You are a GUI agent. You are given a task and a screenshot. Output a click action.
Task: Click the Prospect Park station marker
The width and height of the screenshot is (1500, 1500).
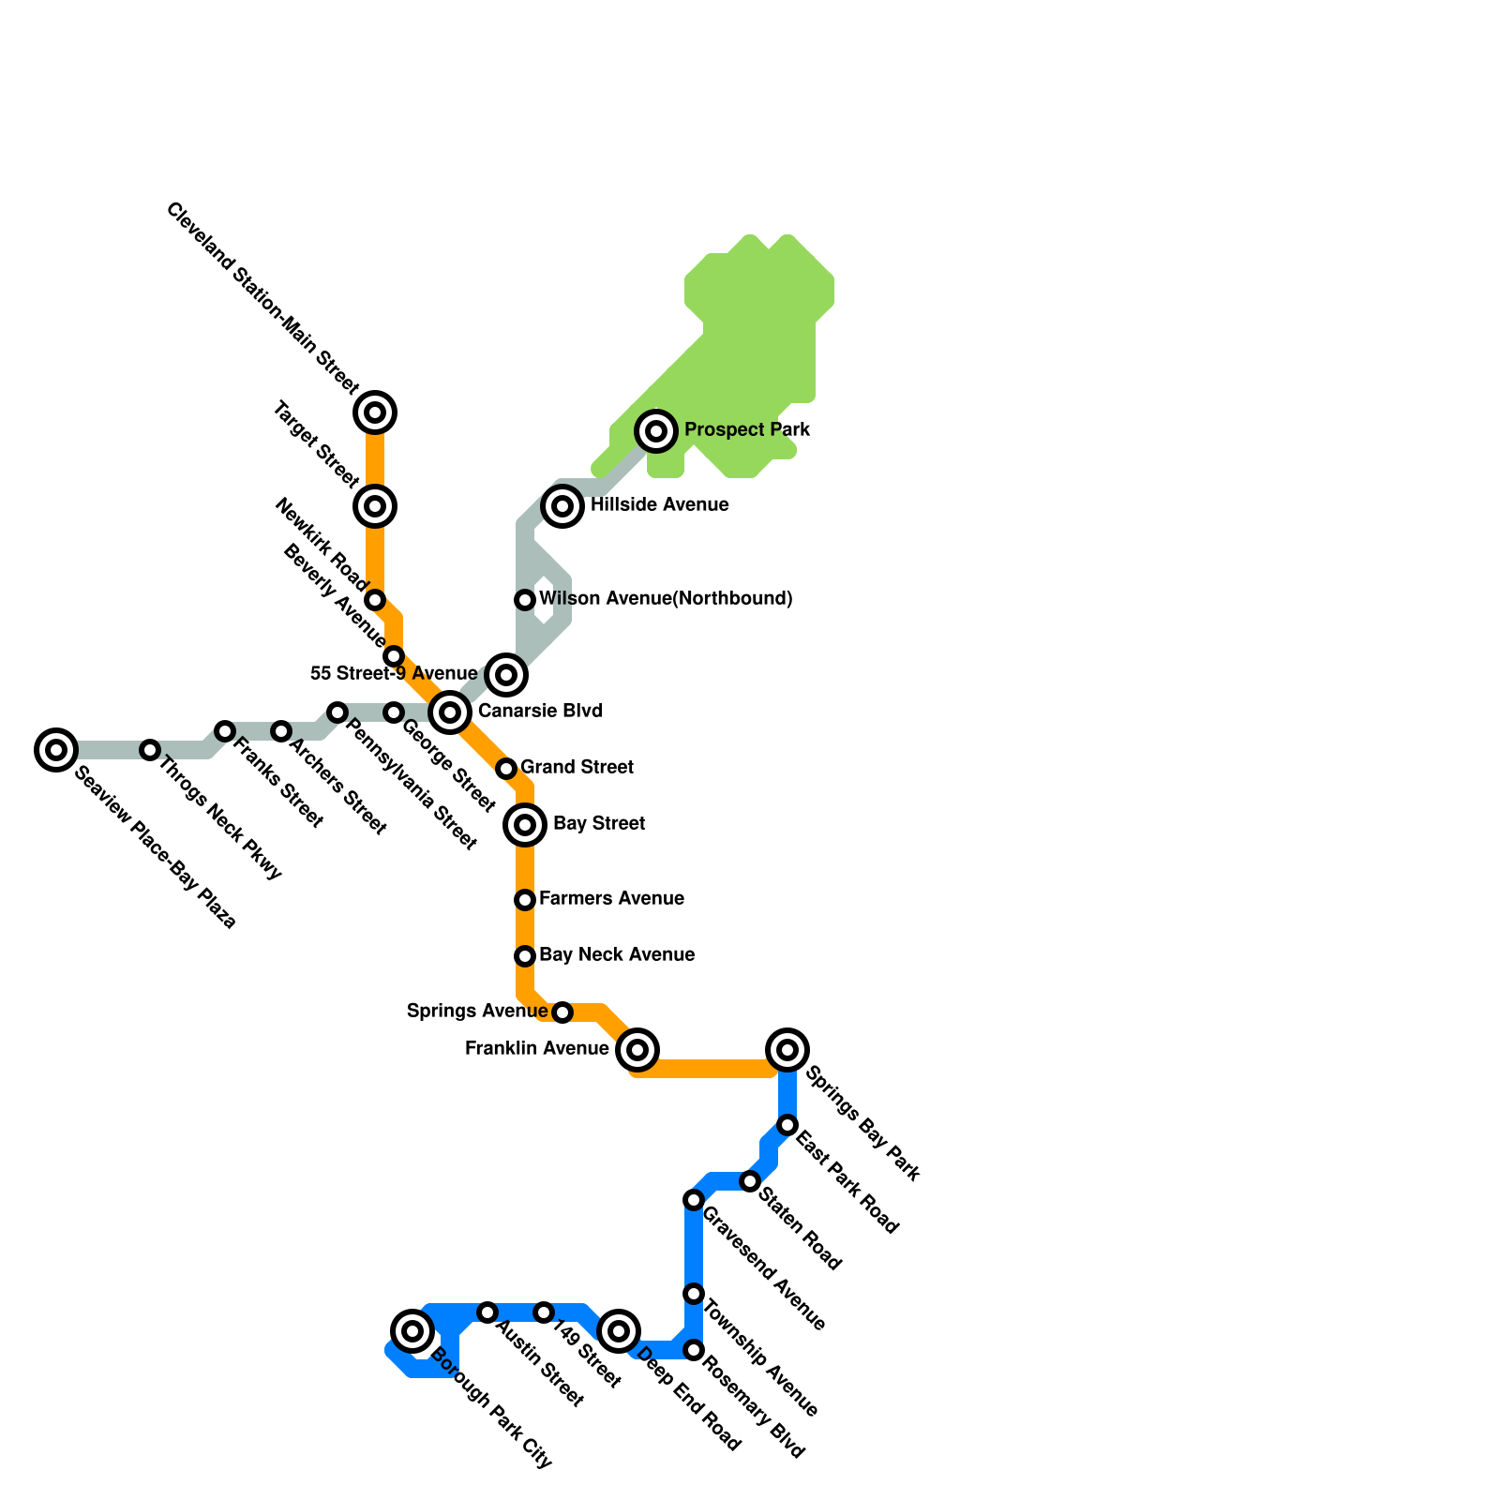pyautogui.click(x=656, y=431)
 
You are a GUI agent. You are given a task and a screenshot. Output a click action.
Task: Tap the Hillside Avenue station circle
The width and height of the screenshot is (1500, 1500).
pyautogui.click(x=562, y=506)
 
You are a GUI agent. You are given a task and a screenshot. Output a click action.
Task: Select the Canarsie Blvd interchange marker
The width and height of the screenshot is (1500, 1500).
pyautogui.click(x=450, y=712)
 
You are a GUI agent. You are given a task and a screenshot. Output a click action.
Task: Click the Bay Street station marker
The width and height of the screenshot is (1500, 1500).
pyautogui.click(x=525, y=825)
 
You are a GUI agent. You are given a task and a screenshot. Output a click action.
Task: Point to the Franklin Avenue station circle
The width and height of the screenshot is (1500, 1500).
pyautogui.click(x=637, y=1050)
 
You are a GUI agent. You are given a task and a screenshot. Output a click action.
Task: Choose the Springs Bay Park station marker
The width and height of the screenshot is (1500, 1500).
pyautogui.click(x=787, y=1050)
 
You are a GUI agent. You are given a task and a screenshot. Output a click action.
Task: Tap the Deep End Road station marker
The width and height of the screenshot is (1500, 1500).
pyautogui.click(x=619, y=1331)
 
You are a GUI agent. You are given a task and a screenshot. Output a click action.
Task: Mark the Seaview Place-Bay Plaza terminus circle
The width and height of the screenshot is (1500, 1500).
pyautogui.click(x=56, y=750)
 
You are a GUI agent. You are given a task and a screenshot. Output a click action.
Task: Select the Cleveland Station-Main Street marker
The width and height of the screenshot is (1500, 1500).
pyautogui.click(x=375, y=412)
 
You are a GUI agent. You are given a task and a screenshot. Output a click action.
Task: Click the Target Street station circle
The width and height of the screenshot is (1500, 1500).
pyautogui.click(x=375, y=506)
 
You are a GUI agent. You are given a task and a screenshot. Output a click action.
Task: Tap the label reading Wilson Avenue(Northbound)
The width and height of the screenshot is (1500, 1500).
pyautogui.click(x=666, y=599)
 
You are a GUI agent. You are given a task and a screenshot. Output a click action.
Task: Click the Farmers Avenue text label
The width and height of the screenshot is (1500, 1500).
pyautogui.click(x=611, y=899)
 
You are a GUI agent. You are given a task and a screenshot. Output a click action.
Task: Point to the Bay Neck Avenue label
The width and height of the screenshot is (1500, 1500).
pyautogui.click(x=617, y=955)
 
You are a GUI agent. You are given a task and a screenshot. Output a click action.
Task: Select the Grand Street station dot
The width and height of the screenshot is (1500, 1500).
pyautogui.click(x=506, y=769)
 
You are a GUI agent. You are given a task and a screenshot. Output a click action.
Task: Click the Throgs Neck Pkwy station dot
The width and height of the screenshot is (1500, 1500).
pyautogui.click(x=150, y=750)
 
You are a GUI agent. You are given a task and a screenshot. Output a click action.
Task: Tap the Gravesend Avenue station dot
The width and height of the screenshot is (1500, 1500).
pyautogui.click(x=694, y=1200)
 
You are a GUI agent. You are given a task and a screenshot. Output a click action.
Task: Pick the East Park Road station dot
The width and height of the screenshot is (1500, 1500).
pyautogui.click(x=787, y=1125)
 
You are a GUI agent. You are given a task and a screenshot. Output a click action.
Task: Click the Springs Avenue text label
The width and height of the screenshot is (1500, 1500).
pyautogui.click(x=477, y=1012)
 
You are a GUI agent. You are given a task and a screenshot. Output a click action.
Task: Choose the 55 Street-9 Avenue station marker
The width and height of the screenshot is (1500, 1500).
pyautogui.click(x=506, y=675)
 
